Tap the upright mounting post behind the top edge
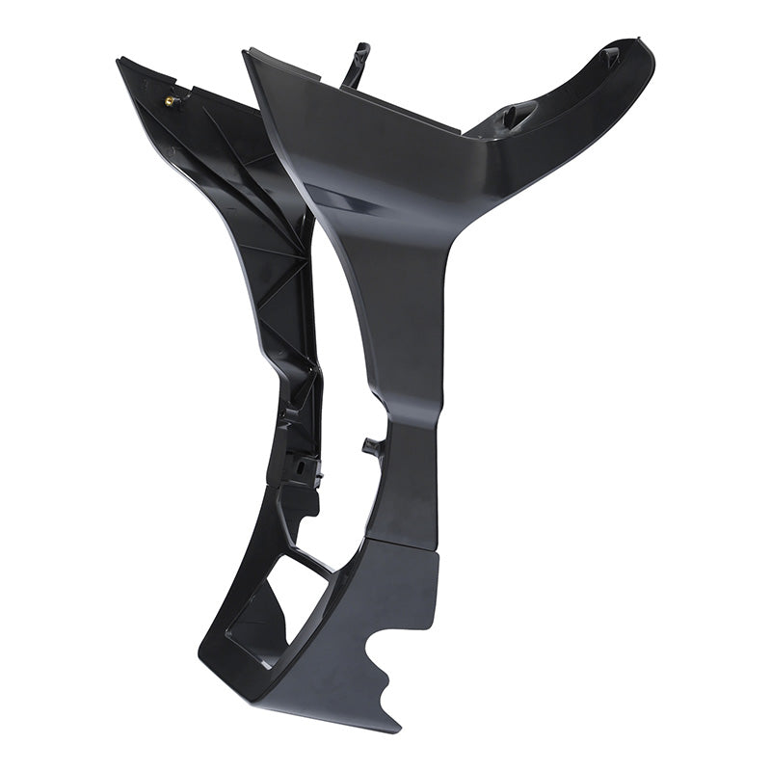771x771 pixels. (358, 60)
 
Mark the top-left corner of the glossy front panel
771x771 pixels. (247, 52)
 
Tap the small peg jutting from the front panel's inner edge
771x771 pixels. (370, 445)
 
